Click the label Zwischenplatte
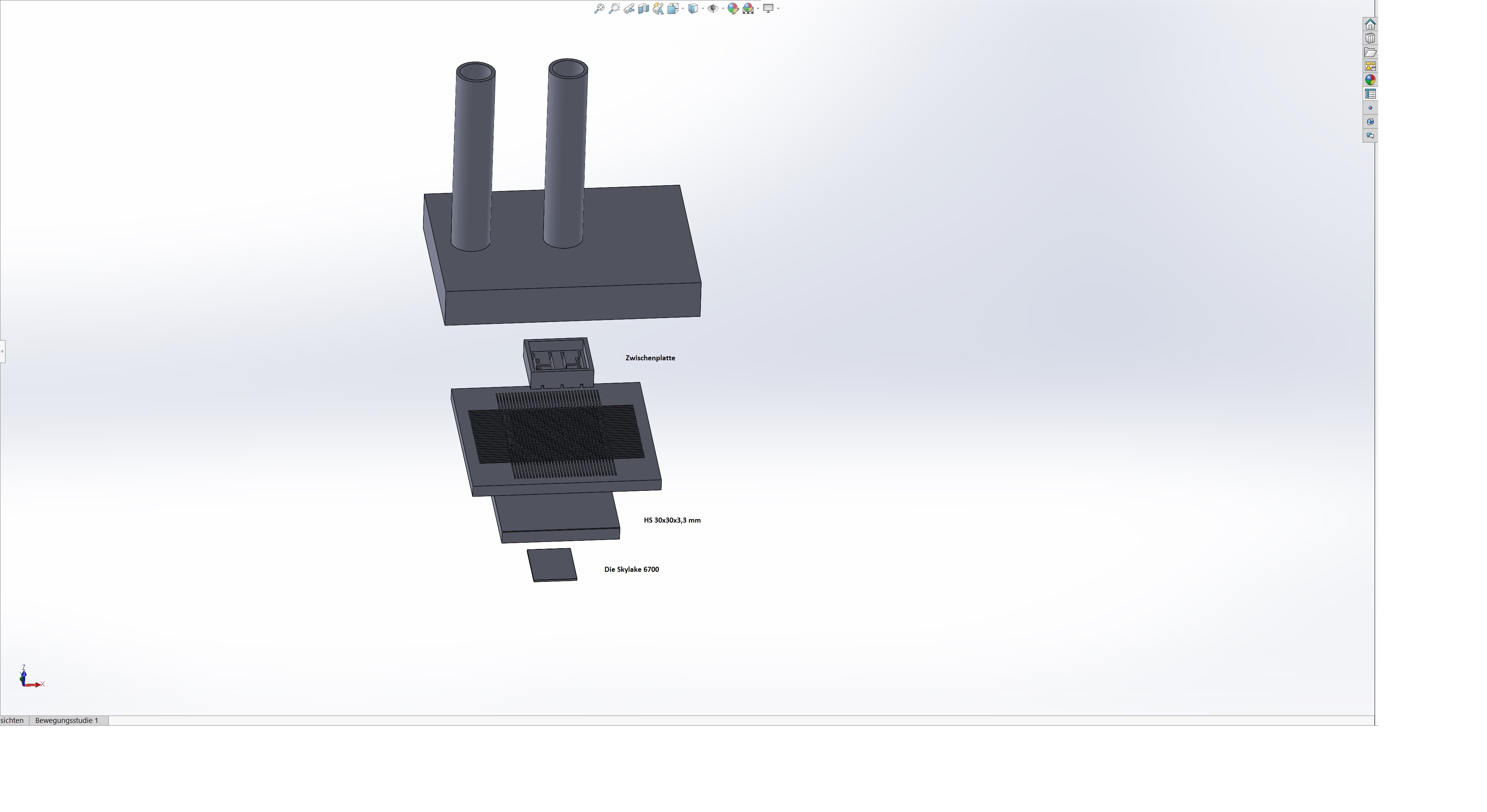pos(650,358)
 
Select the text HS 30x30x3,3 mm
pos(672,520)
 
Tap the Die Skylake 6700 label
pos(632,569)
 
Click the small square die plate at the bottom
pos(552,565)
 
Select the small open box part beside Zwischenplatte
pos(558,363)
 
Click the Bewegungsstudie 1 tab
pos(67,720)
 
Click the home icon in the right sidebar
pos(1370,24)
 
